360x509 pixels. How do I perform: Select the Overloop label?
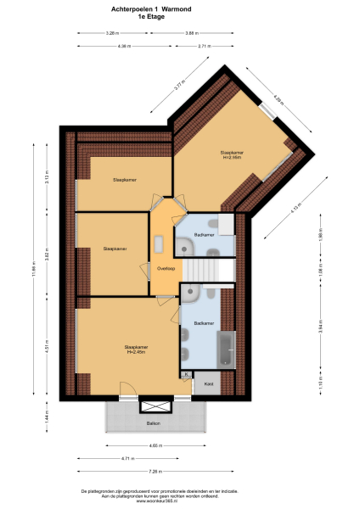pos(166,269)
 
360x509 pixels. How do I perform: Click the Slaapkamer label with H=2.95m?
pos(232,154)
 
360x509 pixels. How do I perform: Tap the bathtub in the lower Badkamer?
pos(227,349)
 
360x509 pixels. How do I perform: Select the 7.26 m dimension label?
pos(154,471)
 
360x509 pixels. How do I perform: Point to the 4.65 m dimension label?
pos(155,446)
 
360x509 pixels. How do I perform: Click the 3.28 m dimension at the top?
pos(111,33)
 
